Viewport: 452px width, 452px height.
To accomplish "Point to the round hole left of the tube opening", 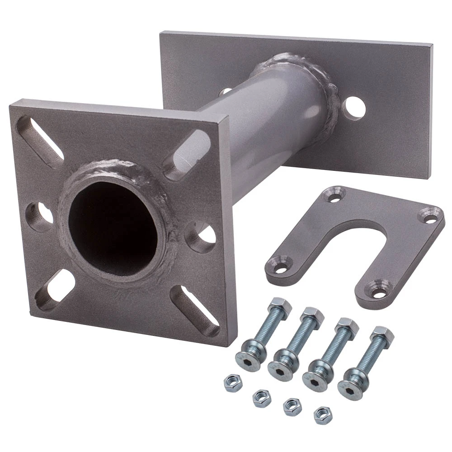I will point(40,217).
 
